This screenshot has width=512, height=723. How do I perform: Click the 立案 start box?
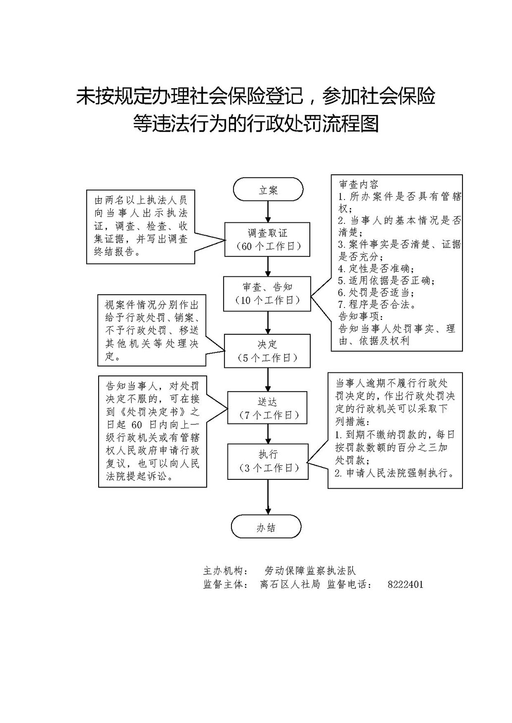[x=268, y=189]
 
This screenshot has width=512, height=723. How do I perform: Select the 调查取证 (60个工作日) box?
[x=268, y=240]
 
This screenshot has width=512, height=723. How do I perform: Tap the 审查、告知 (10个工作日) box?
[x=268, y=294]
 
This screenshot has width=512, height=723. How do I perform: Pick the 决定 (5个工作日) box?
[x=268, y=351]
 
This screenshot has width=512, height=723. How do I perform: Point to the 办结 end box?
[x=266, y=528]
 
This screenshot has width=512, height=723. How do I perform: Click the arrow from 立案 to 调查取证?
[x=268, y=212]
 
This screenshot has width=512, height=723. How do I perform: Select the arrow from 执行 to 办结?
[x=268, y=497]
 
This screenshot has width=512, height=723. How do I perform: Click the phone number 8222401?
[x=405, y=584]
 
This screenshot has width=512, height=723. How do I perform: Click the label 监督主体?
[x=225, y=584]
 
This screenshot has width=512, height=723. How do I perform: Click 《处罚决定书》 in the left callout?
[x=154, y=412]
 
